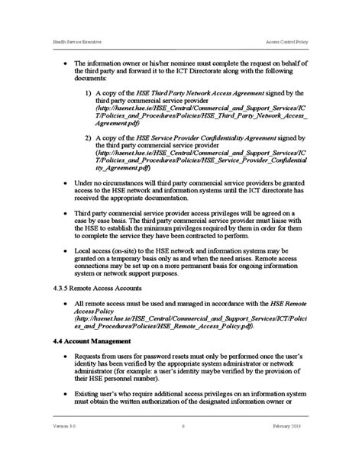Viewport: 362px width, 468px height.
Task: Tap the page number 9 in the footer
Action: (x=183, y=447)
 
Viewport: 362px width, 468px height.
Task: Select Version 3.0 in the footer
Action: (x=65, y=447)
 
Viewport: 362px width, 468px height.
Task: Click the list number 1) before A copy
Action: (x=89, y=92)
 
